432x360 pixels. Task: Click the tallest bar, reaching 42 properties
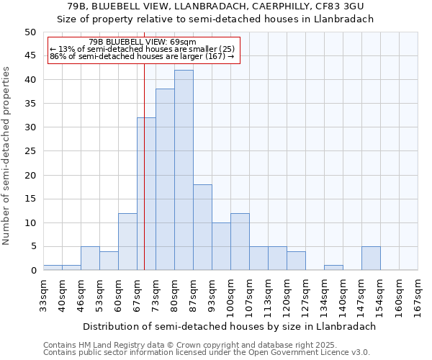tap(184, 171)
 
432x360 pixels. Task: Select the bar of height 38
tap(165, 180)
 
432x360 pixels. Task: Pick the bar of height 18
tap(202, 228)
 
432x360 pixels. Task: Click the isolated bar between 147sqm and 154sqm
tap(371, 258)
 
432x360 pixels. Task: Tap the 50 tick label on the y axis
tap(30, 32)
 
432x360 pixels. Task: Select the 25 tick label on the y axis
tap(30, 151)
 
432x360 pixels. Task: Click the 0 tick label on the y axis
tap(33, 271)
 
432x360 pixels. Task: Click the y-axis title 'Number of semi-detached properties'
tap(6, 156)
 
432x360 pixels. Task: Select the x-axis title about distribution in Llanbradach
tap(229, 326)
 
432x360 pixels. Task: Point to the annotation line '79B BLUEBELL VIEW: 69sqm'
tap(143, 42)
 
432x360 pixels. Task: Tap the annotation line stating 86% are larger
tap(142, 56)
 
